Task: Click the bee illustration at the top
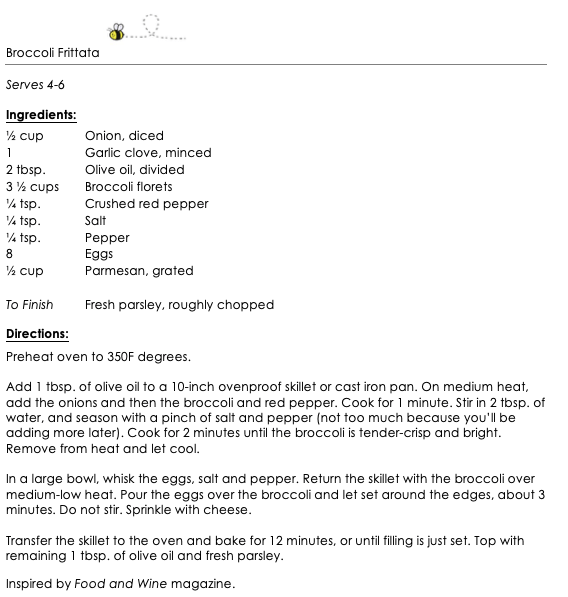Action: pos(117,33)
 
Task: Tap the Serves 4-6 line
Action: pos(38,86)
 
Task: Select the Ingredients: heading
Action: pos(41,116)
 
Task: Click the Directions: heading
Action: pos(37,334)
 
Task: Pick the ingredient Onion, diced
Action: pos(124,136)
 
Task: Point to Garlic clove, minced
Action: pos(148,153)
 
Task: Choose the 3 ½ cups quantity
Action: pos(32,187)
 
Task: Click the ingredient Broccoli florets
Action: pos(128,187)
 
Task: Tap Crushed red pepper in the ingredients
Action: pos(146,204)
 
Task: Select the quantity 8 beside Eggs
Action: pos(9,254)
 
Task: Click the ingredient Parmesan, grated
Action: pos(139,271)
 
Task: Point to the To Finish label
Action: pos(29,305)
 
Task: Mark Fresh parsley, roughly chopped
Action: pos(179,305)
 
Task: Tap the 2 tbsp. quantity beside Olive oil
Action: pos(26,170)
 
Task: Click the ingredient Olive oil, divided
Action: pos(134,170)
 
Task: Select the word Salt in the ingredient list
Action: pos(95,220)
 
